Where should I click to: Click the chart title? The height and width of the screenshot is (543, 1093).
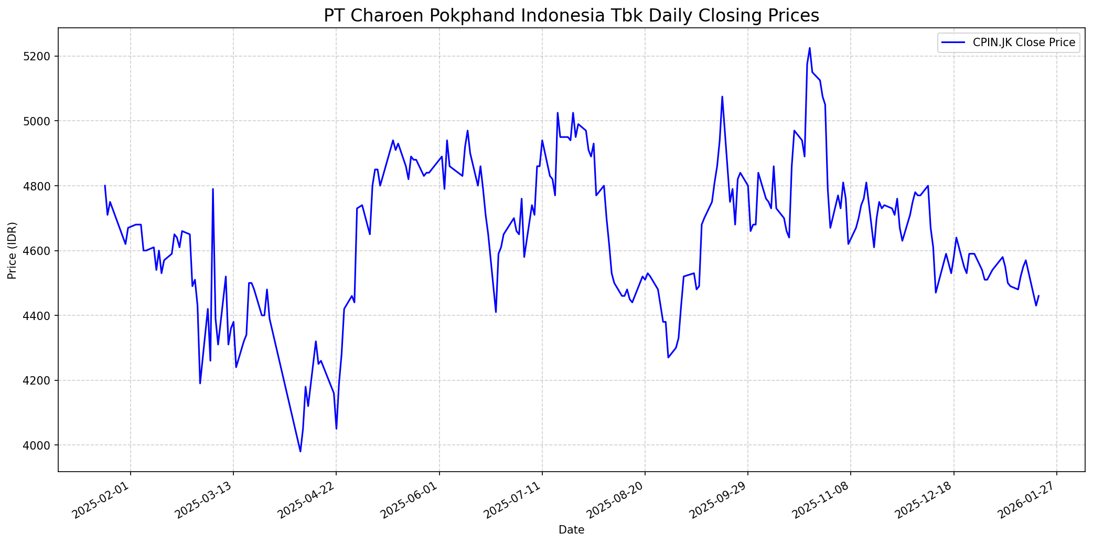click(x=571, y=16)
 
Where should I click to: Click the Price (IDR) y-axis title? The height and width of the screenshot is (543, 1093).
click(x=12, y=251)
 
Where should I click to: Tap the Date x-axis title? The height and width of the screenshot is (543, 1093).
click(x=571, y=530)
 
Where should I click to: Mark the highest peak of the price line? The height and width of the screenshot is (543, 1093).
click(x=809, y=48)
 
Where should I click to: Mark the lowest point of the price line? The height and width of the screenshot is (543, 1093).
click(x=301, y=451)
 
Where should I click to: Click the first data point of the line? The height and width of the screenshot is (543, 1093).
click(x=105, y=186)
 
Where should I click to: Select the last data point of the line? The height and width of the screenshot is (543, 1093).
click(x=1038, y=296)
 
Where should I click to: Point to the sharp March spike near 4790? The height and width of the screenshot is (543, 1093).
click(x=213, y=189)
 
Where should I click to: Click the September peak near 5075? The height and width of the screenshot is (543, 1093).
click(x=722, y=97)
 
